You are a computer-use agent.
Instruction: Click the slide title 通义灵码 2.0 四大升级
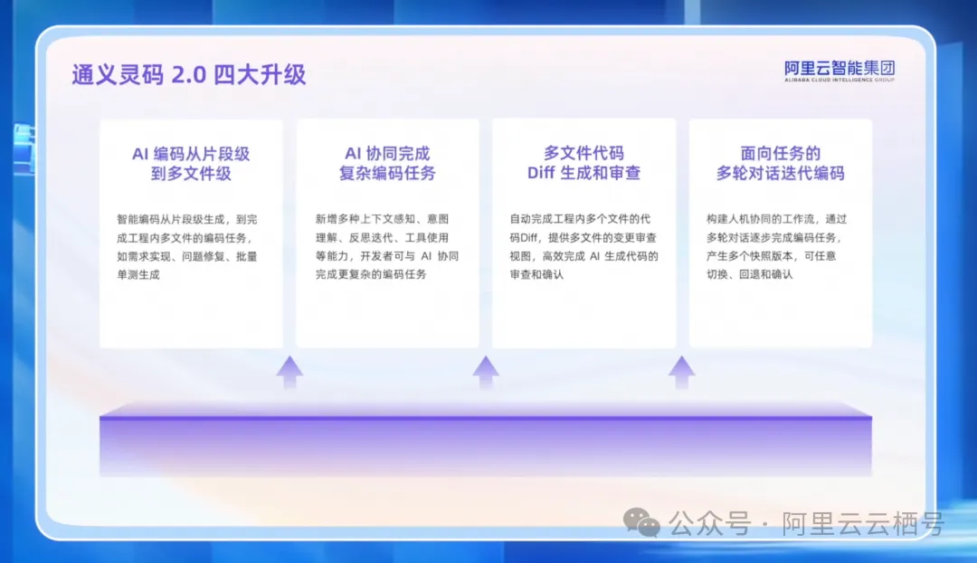(189, 75)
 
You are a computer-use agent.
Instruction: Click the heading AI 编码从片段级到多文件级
(191, 163)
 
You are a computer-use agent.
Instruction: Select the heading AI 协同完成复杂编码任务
(387, 163)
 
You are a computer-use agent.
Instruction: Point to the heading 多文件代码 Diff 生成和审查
(583, 163)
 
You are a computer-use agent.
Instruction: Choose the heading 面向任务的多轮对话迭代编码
(780, 163)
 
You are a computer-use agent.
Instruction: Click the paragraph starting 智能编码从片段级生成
(187, 247)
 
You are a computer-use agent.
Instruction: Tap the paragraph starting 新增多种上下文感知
(387, 246)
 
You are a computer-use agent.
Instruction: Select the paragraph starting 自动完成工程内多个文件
(583, 246)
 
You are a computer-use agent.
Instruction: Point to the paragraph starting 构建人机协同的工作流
(776, 246)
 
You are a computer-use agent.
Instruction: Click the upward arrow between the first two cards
(289, 372)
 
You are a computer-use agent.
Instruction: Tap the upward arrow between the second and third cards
(486, 372)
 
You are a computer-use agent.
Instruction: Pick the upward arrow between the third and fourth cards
(682, 372)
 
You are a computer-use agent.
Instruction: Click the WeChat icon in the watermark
(641, 522)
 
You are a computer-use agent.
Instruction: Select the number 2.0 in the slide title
(188, 75)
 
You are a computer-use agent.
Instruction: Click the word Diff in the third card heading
(541, 173)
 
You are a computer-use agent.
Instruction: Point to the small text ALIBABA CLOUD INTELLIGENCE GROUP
(839, 80)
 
